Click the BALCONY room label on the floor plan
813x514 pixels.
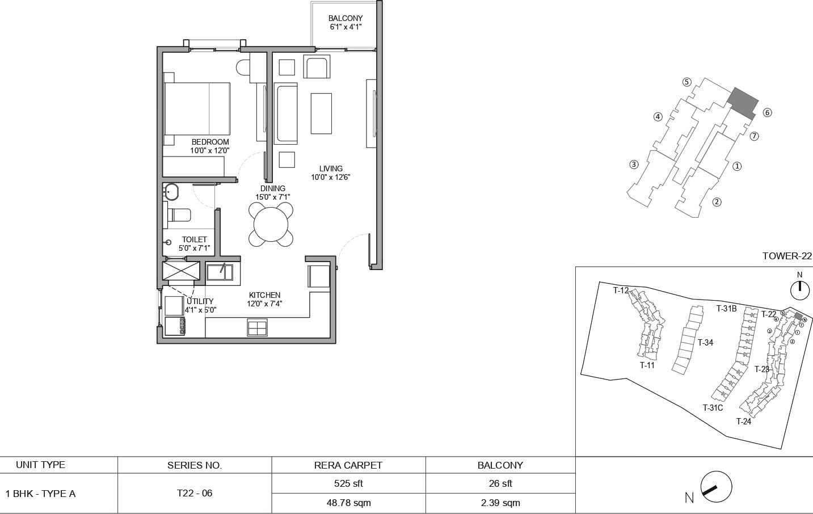pos(346,18)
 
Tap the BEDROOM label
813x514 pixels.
pos(210,142)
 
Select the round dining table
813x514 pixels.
pos(271,224)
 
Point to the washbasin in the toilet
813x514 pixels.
pos(171,192)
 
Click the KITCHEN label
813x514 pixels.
pos(264,295)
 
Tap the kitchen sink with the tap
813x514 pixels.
pos(220,272)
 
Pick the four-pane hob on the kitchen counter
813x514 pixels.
pos(258,327)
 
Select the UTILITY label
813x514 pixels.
pos(200,301)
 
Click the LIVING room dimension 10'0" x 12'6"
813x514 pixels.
pos(330,178)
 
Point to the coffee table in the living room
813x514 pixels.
pos(321,113)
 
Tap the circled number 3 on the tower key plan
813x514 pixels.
pos(634,165)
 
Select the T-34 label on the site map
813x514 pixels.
pos(705,342)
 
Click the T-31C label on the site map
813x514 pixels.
pos(713,408)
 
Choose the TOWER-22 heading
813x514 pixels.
pos(787,256)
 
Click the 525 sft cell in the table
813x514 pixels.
pos(348,483)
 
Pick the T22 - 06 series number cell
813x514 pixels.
pos(195,493)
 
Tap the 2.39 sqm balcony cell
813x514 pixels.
pos(500,503)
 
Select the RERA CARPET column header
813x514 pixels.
pos(348,465)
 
